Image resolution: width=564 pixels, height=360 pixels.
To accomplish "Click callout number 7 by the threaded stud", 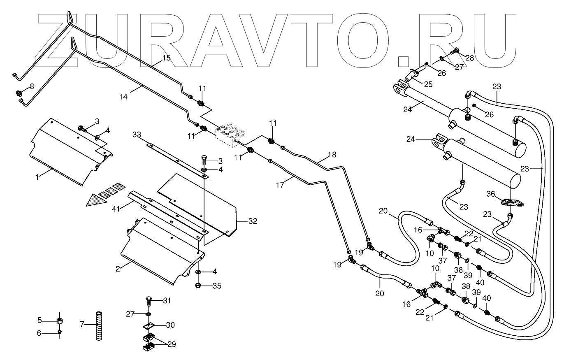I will click(82, 324).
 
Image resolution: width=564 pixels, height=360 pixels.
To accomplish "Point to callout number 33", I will click(137, 135).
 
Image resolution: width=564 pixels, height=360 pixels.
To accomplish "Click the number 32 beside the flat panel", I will click(253, 221).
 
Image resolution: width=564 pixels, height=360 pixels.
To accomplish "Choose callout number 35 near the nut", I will click(217, 286).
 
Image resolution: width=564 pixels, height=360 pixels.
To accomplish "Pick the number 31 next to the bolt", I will click(166, 301).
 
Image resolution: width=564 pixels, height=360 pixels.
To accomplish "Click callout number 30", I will click(170, 325).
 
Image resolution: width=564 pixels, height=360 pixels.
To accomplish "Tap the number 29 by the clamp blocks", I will click(172, 344).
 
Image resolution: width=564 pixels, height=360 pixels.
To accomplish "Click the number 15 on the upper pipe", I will click(166, 58).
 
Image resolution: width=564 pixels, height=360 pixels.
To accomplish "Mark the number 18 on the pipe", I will click(332, 155).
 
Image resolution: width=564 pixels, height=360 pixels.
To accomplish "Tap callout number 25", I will click(429, 84).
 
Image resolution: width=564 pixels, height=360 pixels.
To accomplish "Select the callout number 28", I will click(469, 58).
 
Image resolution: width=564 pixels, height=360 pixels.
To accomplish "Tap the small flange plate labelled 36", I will click(509, 202).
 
